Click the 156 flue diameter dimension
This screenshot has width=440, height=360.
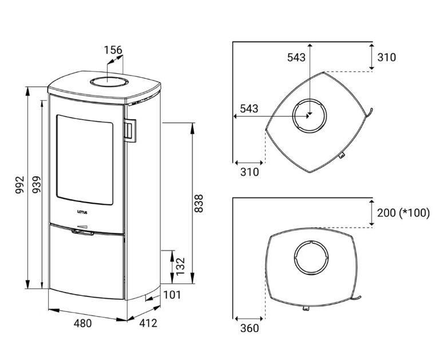[113, 50]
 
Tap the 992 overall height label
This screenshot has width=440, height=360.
[20, 185]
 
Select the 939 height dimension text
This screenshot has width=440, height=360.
[36, 184]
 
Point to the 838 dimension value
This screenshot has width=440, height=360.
[199, 203]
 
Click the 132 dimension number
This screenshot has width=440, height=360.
[180, 266]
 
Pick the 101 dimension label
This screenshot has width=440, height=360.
[172, 295]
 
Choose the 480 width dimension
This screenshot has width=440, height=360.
[83, 323]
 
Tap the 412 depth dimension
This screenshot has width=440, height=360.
[148, 323]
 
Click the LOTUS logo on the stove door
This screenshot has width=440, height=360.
[82, 212]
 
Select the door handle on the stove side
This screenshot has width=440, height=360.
[130, 129]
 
